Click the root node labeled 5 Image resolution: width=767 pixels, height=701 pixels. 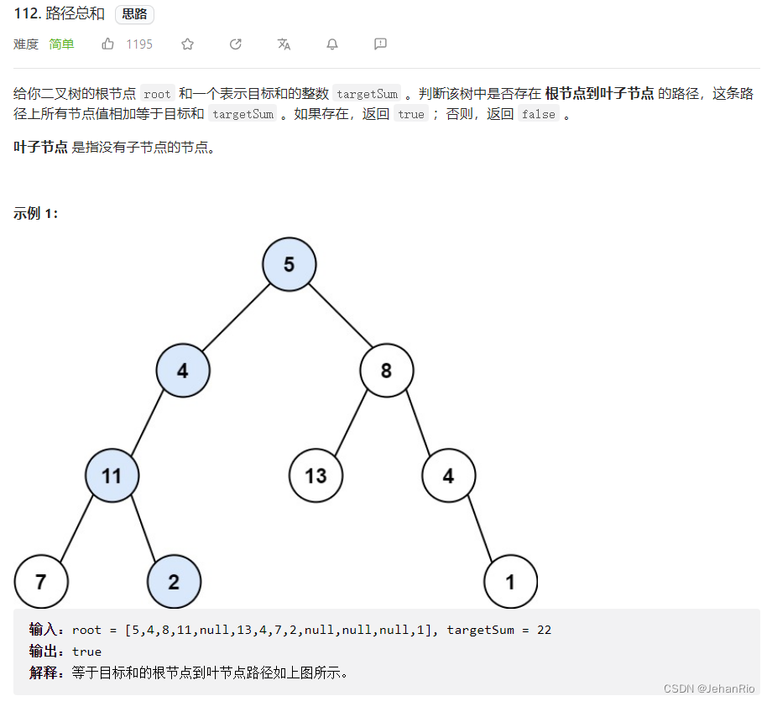pyautogui.click(x=289, y=265)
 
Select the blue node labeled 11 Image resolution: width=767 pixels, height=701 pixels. pyautogui.click(x=112, y=476)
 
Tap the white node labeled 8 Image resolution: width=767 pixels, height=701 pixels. pyautogui.click(x=386, y=371)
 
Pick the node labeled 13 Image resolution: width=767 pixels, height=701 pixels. pyautogui.click(x=316, y=476)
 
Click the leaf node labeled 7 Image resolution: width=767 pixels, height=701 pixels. pyautogui.click(x=41, y=582)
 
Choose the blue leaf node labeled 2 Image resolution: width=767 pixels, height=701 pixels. pyautogui.click(x=174, y=582)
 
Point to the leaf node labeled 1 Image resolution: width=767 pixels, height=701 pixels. pyautogui.click(x=510, y=582)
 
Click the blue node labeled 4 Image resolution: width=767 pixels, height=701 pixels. pyautogui.click(x=183, y=371)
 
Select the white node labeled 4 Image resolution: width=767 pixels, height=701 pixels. pyautogui.click(x=448, y=476)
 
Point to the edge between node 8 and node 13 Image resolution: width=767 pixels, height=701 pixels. pyautogui.click(x=352, y=423)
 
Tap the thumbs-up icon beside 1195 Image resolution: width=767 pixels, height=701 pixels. pyautogui.click(x=108, y=44)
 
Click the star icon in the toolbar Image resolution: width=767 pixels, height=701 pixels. pyautogui.click(x=187, y=44)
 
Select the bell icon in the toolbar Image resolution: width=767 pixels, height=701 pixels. pyautogui.click(x=332, y=44)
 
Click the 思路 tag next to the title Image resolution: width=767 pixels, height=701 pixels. pyautogui.click(x=134, y=14)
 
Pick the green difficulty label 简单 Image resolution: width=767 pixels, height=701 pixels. pyautogui.click(x=61, y=44)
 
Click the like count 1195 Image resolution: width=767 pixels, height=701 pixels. pyautogui.click(x=139, y=44)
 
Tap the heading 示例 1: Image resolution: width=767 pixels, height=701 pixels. pyautogui.click(x=36, y=213)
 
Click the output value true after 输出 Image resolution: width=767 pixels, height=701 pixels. pyautogui.click(x=86, y=652)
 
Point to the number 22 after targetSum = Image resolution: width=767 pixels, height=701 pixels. pyautogui.click(x=544, y=630)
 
